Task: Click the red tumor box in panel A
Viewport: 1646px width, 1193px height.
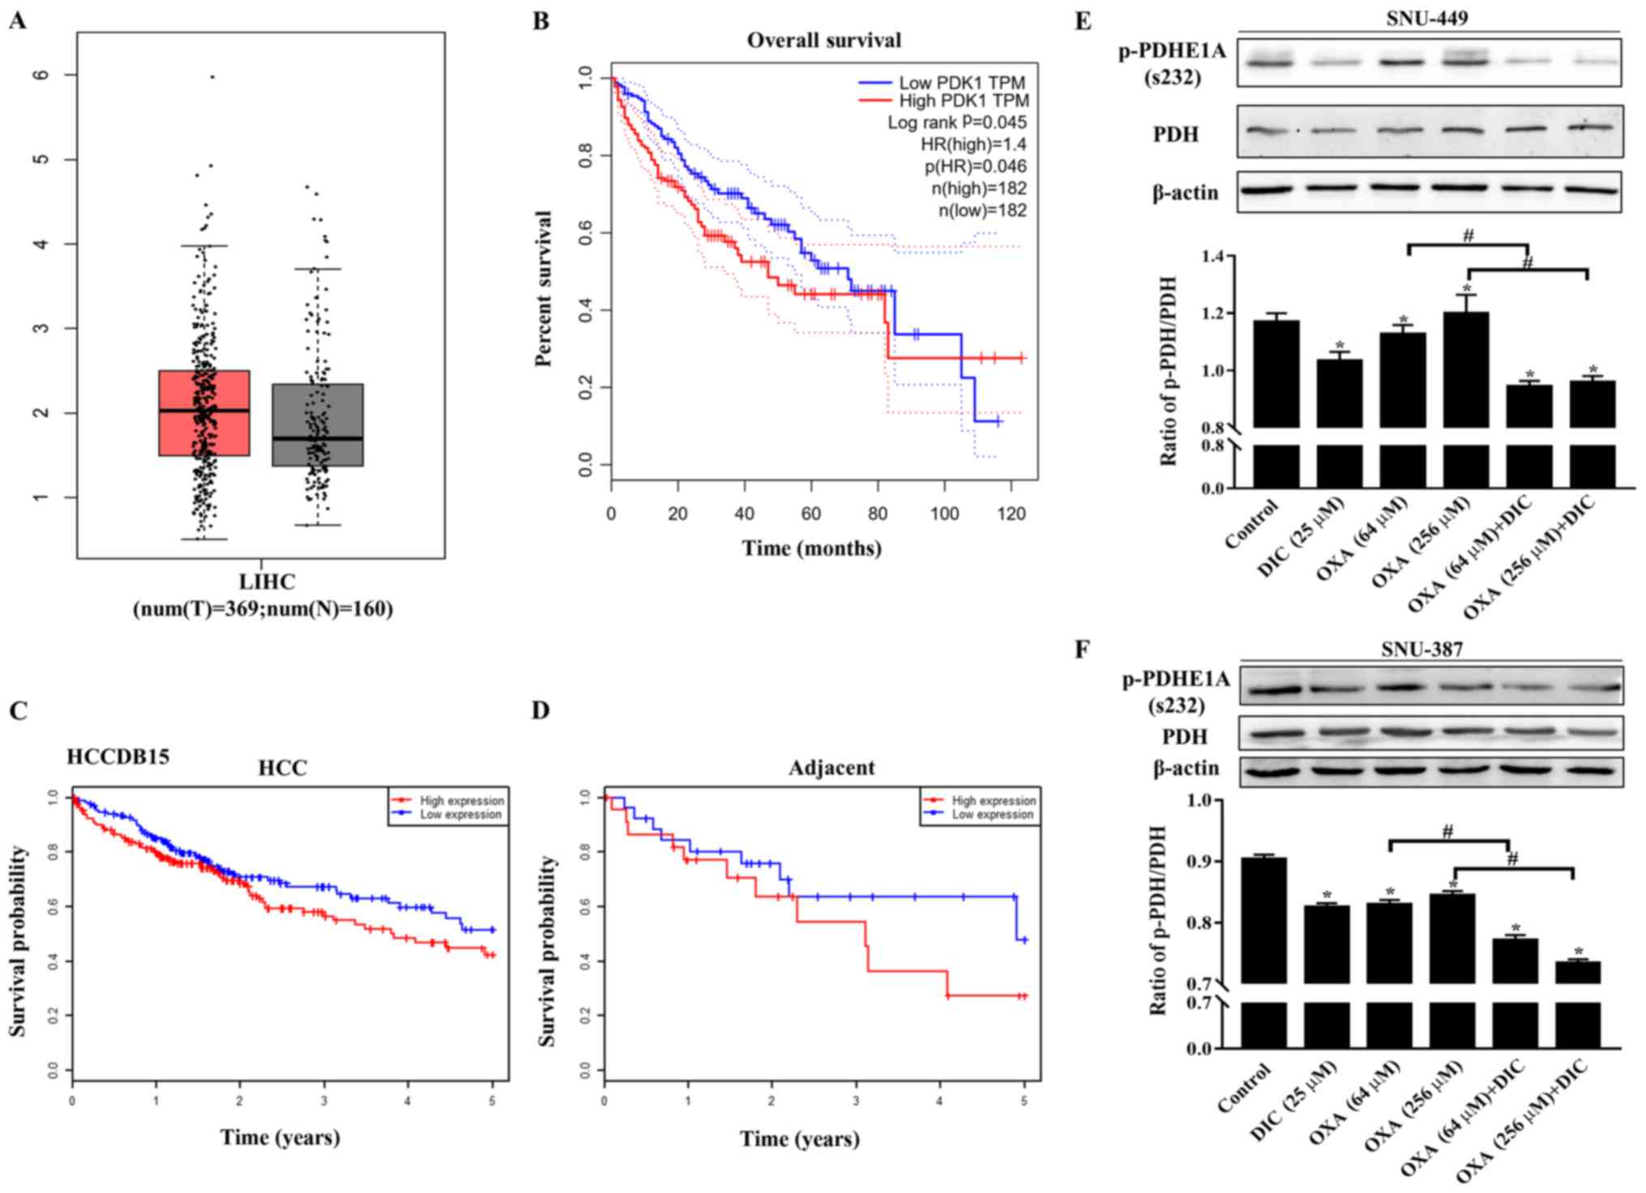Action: (204, 413)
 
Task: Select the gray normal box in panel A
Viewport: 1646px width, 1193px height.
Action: (318, 424)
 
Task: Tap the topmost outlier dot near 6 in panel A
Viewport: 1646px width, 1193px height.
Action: (212, 77)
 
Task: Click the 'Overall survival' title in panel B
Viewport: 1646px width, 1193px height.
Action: (823, 40)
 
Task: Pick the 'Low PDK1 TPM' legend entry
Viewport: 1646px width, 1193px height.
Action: (961, 83)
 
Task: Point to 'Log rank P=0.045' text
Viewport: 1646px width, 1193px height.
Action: (957, 122)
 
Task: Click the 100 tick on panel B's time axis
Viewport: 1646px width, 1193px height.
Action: (944, 513)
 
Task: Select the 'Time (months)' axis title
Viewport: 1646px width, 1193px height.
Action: (812, 548)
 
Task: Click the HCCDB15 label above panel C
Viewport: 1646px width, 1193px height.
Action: (118, 757)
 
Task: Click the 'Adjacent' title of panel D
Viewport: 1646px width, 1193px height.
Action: (832, 768)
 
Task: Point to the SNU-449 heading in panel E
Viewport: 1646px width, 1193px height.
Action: (1426, 18)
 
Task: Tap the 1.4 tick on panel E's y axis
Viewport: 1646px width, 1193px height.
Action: (1191, 257)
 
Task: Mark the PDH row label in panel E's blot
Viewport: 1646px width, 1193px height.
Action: (1175, 134)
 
